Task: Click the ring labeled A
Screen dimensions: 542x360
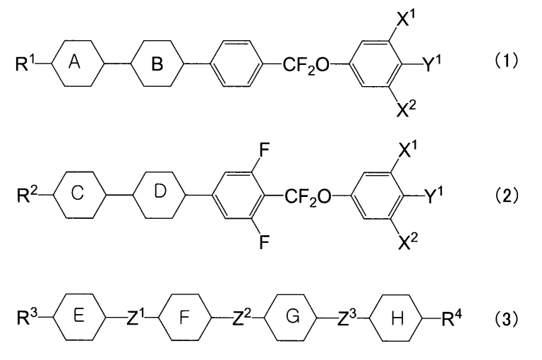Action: click(78, 64)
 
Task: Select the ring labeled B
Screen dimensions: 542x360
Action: click(157, 64)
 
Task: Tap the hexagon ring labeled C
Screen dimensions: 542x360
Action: click(79, 195)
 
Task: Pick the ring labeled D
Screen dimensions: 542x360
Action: click(159, 195)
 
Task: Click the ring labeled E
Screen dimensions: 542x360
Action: click(79, 318)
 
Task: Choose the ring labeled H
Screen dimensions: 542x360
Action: click(396, 318)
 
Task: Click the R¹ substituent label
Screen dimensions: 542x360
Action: click(25, 64)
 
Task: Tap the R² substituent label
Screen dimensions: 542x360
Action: click(27, 195)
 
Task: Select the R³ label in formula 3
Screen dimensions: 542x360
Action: click(27, 318)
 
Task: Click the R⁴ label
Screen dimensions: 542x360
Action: click(452, 318)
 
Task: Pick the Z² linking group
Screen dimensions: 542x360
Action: click(243, 318)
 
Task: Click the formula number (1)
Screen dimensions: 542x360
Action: click(507, 61)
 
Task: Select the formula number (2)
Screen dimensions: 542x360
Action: click(507, 196)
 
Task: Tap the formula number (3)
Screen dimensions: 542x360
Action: click(507, 318)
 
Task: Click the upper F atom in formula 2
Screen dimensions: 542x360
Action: click(264, 151)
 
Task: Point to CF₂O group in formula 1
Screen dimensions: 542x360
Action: click(306, 65)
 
